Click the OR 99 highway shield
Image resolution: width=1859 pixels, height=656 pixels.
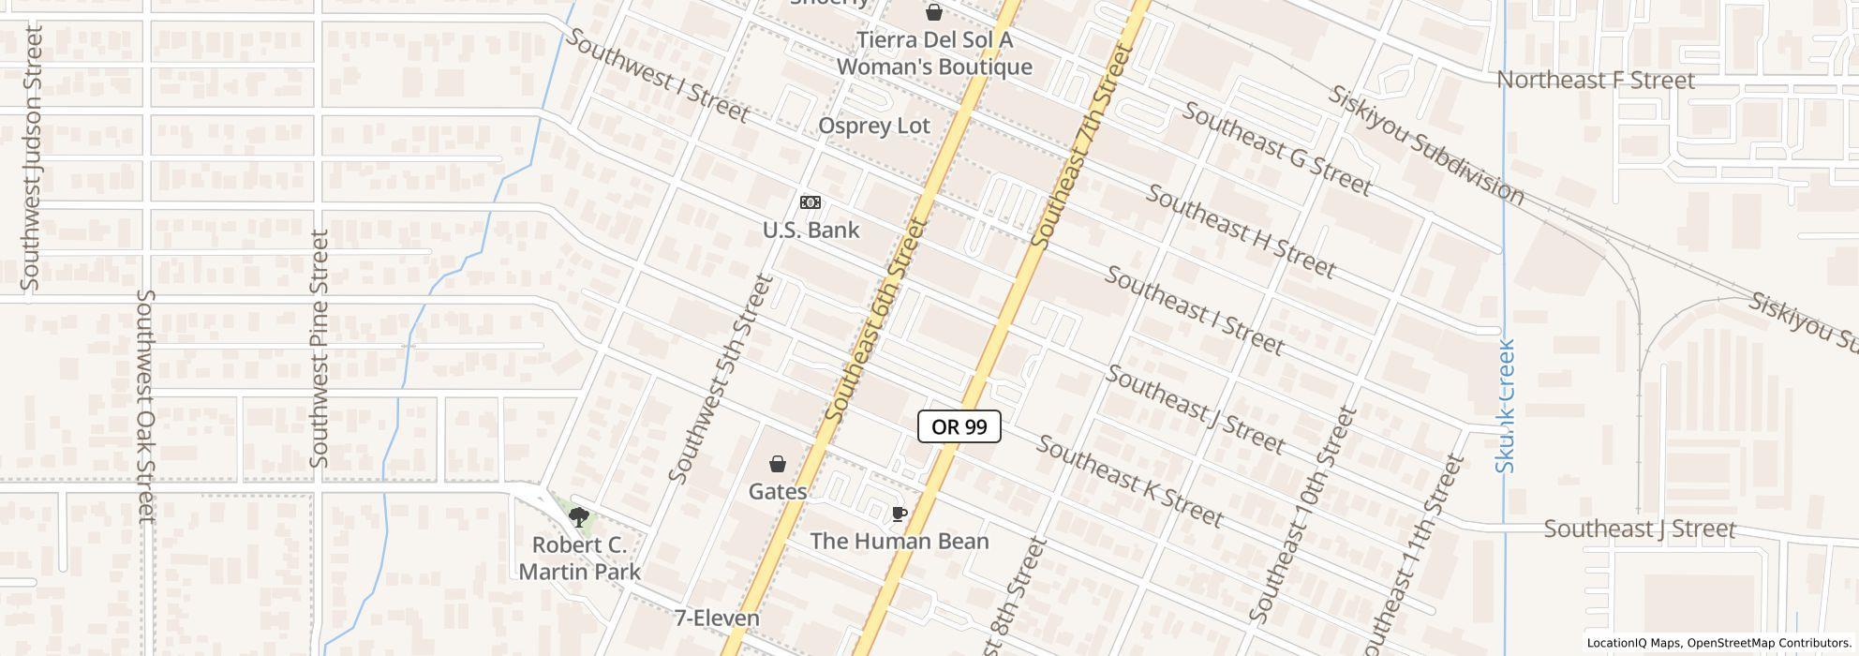tap(959, 427)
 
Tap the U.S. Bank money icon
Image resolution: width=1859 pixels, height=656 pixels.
tap(811, 202)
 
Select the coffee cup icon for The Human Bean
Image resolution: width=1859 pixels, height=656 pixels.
tap(899, 514)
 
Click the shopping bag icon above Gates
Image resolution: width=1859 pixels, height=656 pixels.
tap(778, 463)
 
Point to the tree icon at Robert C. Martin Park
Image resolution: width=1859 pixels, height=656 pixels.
tap(579, 515)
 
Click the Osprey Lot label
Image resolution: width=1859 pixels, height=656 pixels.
tap(874, 127)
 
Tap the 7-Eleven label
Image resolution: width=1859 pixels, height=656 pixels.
tap(717, 619)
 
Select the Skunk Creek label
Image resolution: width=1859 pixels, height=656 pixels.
tap(1506, 406)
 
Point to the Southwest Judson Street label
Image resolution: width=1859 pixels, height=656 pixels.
tap(32, 158)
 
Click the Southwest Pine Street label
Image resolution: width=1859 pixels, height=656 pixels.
tap(320, 349)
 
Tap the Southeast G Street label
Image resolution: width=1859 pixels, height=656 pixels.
tap(1276, 149)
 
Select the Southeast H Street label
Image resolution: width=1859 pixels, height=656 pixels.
tap(1241, 231)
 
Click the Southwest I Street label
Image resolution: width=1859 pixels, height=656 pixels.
tap(658, 76)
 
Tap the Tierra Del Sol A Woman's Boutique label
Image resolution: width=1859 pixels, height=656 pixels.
tap(934, 53)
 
